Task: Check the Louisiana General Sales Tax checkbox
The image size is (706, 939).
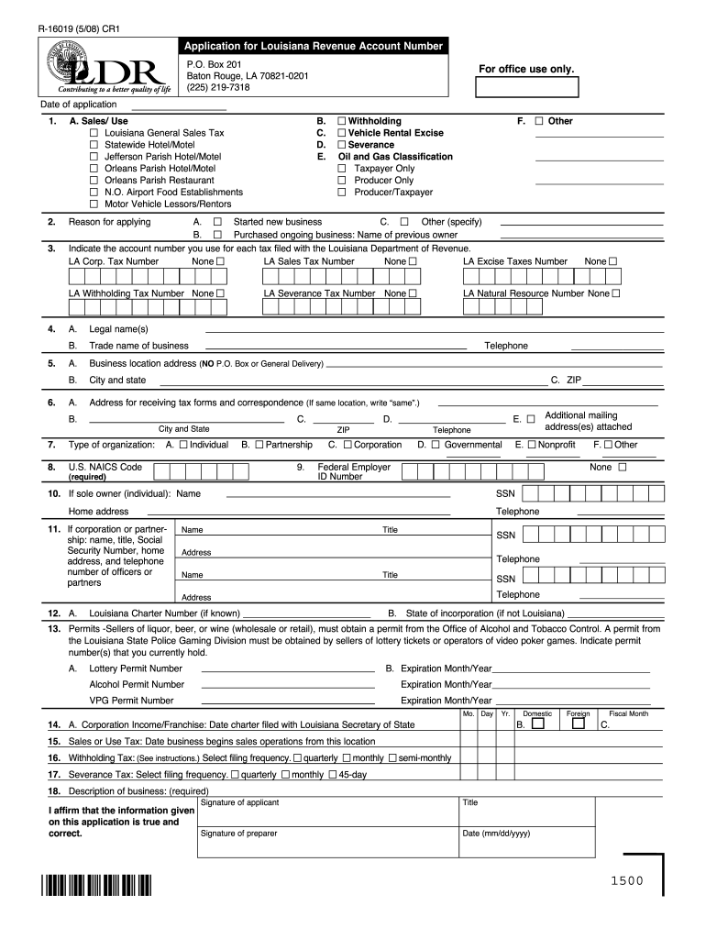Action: (94, 133)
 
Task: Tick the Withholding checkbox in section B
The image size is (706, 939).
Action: (341, 121)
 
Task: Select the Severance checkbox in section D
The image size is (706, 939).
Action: (341, 145)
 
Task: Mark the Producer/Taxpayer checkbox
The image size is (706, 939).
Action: (342, 193)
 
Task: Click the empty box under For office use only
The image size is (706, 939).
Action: (526, 87)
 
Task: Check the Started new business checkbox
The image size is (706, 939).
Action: (217, 222)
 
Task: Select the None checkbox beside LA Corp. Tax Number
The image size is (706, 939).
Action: (220, 261)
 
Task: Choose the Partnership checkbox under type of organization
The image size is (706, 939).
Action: (259, 445)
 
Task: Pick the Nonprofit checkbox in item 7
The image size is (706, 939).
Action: (531, 445)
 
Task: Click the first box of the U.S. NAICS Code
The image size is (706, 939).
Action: (161, 471)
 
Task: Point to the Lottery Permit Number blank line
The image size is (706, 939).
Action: (288, 669)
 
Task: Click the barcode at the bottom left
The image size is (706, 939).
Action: (95, 887)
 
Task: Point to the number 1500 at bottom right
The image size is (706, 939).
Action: (623, 881)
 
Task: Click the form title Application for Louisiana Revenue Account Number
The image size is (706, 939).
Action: (314, 46)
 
